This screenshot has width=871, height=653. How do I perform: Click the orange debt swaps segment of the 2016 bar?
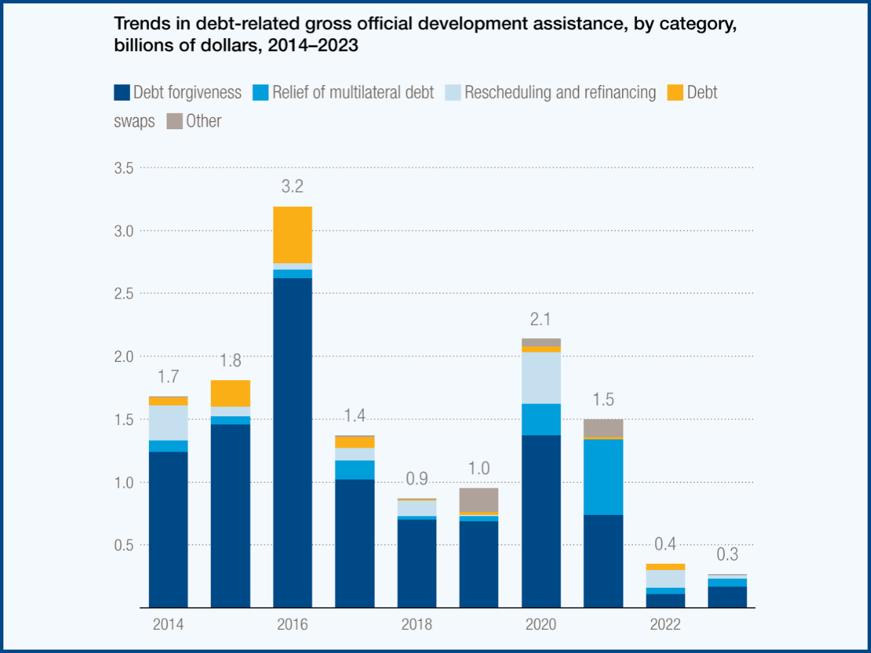pyautogui.click(x=293, y=235)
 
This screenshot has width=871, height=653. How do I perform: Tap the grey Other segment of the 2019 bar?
pyautogui.click(x=479, y=500)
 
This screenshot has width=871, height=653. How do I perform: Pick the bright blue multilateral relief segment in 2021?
pyautogui.click(x=603, y=477)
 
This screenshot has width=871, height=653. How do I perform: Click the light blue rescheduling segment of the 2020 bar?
pyautogui.click(x=541, y=378)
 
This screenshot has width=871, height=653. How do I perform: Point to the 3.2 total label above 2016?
pyautogui.click(x=293, y=186)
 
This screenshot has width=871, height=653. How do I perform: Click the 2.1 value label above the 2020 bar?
pyautogui.click(x=541, y=319)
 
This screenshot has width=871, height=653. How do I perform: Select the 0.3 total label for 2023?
pyautogui.click(x=727, y=554)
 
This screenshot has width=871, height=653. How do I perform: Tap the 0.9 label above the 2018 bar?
pyautogui.click(x=416, y=479)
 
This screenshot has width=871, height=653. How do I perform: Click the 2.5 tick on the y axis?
pyautogui.click(x=124, y=294)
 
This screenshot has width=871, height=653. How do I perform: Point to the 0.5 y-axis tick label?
pyautogui.click(x=124, y=546)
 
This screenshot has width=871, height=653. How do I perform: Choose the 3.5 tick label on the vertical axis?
pyautogui.click(x=124, y=168)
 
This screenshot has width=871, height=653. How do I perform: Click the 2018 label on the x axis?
pyautogui.click(x=416, y=624)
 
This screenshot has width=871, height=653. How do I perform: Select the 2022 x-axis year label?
pyautogui.click(x=665, y=624)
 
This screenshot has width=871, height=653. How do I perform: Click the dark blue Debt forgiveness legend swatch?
pyautogui.click(x=122, y=93)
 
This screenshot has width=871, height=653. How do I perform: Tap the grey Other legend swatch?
pyautogui.click(x=175, y=121)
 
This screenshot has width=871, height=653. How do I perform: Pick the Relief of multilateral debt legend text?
pyautogui.click(x=353, y=93)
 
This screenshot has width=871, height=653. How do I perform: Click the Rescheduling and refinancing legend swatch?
pyautogui.click(x=453, y=93)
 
